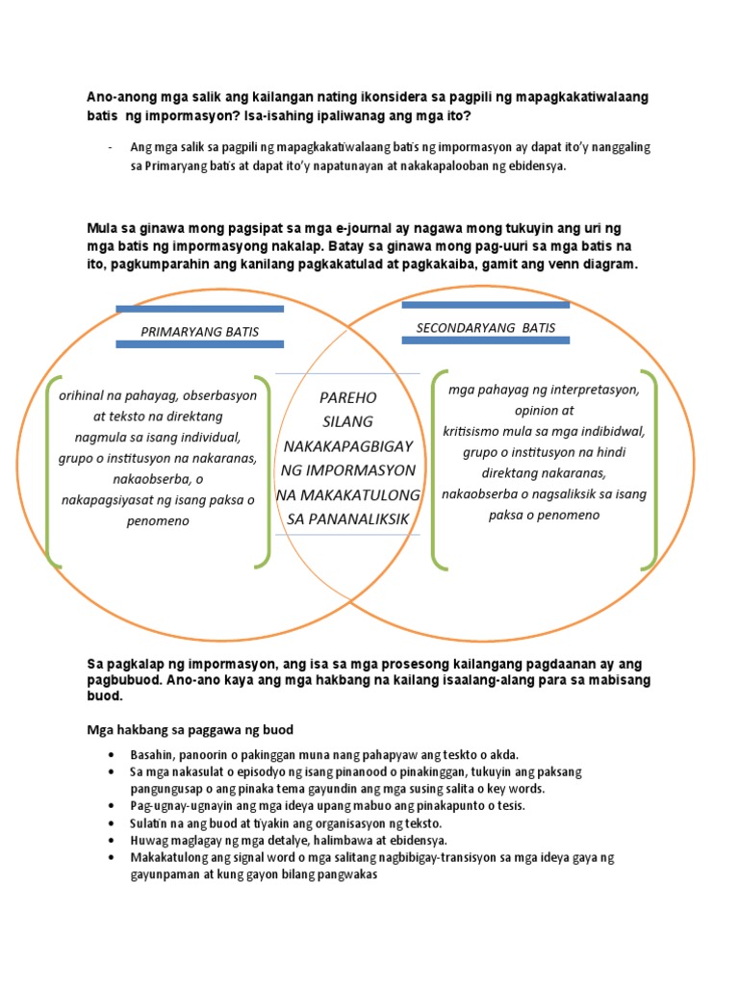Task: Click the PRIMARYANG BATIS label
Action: pyautogui.click(x=199, y=332)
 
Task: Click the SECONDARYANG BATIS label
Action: pyautogui.click(x=485, y=327)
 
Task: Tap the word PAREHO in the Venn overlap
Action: pyautogui.click(x=347, y=396)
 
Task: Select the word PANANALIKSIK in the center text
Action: pyautogui.click(x=348, y=518)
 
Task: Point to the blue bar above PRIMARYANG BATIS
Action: pyautogui.click(x=199, y=309)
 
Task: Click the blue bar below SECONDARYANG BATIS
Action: pyautogui.click(x=485, y=341)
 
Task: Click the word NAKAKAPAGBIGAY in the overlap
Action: pyautogui.click(x=347, y=445)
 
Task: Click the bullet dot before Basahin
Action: pyautogui.click(x=113, y=755)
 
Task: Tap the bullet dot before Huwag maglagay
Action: pyautogui.click(x=113, y=840)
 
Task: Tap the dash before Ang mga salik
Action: pyautogui.click(x=113, y=147)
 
